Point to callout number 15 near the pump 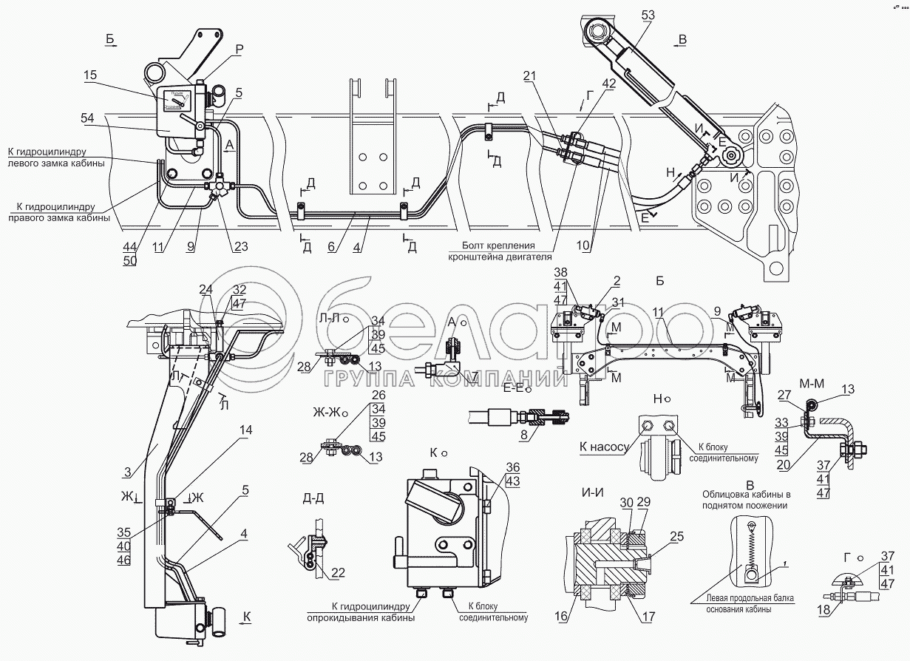(x=90, y=75)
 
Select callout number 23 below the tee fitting (x=240, y=247)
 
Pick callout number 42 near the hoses (x=608, y=84)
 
